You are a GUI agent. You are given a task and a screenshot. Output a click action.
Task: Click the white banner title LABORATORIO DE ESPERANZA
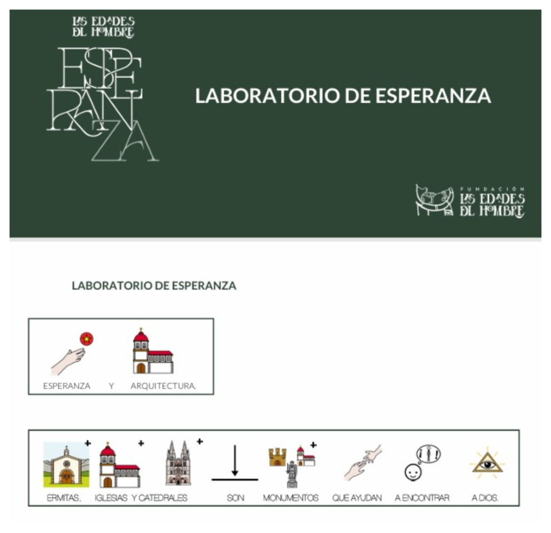tap(343, 96)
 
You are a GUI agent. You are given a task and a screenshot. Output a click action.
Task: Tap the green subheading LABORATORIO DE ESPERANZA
tap(154, 285)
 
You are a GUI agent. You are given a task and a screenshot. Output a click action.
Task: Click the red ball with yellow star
tap(87, 339)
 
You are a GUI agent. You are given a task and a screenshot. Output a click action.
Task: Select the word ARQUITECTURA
tap(163, 386)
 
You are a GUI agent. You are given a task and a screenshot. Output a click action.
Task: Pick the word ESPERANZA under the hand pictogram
tap(67, 386)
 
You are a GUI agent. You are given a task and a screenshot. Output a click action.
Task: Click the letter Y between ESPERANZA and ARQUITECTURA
tap(111, 386)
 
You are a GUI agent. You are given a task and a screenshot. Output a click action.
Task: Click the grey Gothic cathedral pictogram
tap(178, 463)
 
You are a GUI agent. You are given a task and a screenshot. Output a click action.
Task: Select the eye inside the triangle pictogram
tap(487, 463)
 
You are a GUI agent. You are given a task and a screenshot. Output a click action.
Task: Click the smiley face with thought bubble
tap(413, 472)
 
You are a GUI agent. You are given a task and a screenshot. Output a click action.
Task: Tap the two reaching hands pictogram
tap(363, 463)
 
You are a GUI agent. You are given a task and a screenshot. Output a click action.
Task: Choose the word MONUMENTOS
tap(290, 498)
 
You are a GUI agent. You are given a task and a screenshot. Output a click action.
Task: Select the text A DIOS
tap(485, 498)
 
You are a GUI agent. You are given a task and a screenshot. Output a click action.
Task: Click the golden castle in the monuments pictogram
tap(277, 457)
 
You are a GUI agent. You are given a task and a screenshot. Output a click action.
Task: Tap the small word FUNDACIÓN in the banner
tap(492, 189)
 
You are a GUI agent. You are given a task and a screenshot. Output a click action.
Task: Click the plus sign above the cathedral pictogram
tap(200, 441)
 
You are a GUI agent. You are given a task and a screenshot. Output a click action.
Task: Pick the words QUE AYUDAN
tap(357, 498)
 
